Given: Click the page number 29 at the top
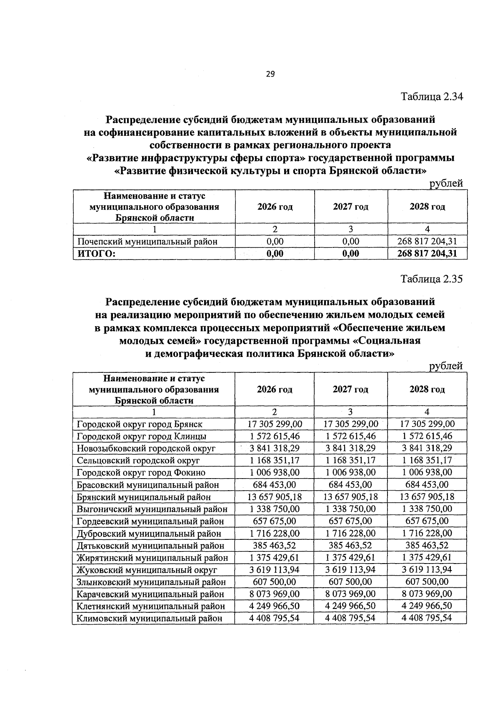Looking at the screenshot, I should (x=270, y=74).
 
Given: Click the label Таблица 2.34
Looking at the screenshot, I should (x=432, y=97).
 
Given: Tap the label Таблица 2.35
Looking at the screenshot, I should (x=432, y=279).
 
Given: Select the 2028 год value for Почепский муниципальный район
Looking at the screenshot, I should (x=427, y=241).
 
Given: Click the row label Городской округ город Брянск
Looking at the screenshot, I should (x=140, y=424).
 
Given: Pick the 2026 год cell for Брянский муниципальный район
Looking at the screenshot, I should (x=275, y=496).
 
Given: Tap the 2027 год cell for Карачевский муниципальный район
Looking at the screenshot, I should (x=351, y=594).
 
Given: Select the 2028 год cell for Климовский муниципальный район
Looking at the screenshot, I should (x=427, y=618).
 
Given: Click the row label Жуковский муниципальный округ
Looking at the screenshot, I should (x=147, y=570).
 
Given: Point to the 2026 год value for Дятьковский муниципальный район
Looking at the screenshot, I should (x=275, y=545).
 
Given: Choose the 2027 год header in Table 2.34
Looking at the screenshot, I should (x=351, y=207).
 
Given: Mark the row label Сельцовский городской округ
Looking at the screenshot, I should (x=138, y=460).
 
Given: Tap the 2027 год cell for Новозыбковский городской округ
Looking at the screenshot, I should (x=351, y=448).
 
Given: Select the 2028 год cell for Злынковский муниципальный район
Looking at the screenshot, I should (x=427, y=581).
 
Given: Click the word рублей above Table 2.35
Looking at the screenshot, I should (x=446, y=366).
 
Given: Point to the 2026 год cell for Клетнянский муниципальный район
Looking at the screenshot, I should (x=275, y=606).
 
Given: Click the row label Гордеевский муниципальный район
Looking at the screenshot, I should (x=150, y=521).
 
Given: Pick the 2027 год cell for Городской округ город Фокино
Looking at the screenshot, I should (x=351, y=472).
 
